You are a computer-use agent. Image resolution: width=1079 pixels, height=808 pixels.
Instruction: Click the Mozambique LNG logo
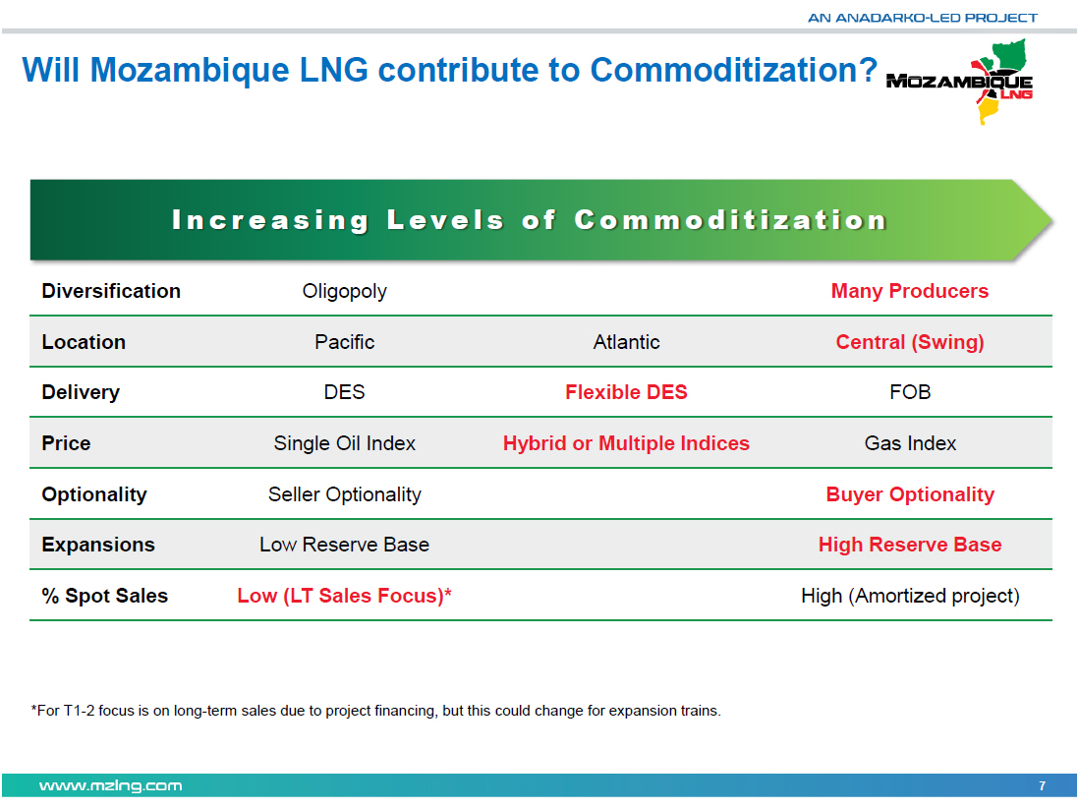click(961, 82)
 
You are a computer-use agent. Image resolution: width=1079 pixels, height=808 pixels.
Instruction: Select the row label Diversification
click(111, 291)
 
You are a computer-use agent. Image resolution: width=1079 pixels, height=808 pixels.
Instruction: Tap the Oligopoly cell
click(344, 291)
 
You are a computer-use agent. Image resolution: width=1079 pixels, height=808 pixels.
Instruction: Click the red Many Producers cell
click(910, 291)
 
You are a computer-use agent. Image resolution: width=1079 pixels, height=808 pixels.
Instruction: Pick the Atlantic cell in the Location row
click(626, 342)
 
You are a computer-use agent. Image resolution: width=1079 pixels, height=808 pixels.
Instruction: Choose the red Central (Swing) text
click(910, 342)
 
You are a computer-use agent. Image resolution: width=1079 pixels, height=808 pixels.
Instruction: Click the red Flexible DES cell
click(626, 392)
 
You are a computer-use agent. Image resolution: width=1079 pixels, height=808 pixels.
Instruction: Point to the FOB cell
click(910, 392)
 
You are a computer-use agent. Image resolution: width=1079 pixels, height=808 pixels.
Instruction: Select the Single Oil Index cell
click(344, 443)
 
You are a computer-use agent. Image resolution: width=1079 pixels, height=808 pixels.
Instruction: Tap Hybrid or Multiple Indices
click(626, 443)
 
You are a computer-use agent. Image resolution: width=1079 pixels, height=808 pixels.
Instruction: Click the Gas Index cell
click(910, 443)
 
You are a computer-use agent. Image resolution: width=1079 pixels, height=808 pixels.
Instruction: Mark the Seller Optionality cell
click(344, 494)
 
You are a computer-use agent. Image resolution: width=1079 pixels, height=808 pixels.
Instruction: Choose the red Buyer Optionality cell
click(910, 494)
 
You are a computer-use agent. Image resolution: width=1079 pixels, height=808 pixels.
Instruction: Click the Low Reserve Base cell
click(344, 545)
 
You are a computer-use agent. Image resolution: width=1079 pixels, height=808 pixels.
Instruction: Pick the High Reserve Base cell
click(910, 545)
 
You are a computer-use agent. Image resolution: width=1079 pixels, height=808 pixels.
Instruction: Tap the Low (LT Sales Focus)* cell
click(344, 596)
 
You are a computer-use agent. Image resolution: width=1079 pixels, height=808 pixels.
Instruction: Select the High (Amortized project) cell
click(910, 596)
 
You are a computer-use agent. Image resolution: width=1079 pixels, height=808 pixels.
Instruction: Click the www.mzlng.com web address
click(111, 785)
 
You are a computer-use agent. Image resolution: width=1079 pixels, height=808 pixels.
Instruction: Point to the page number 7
click(1043, 785)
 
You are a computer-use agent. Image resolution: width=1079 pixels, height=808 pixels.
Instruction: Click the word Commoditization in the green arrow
click(731, 220)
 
